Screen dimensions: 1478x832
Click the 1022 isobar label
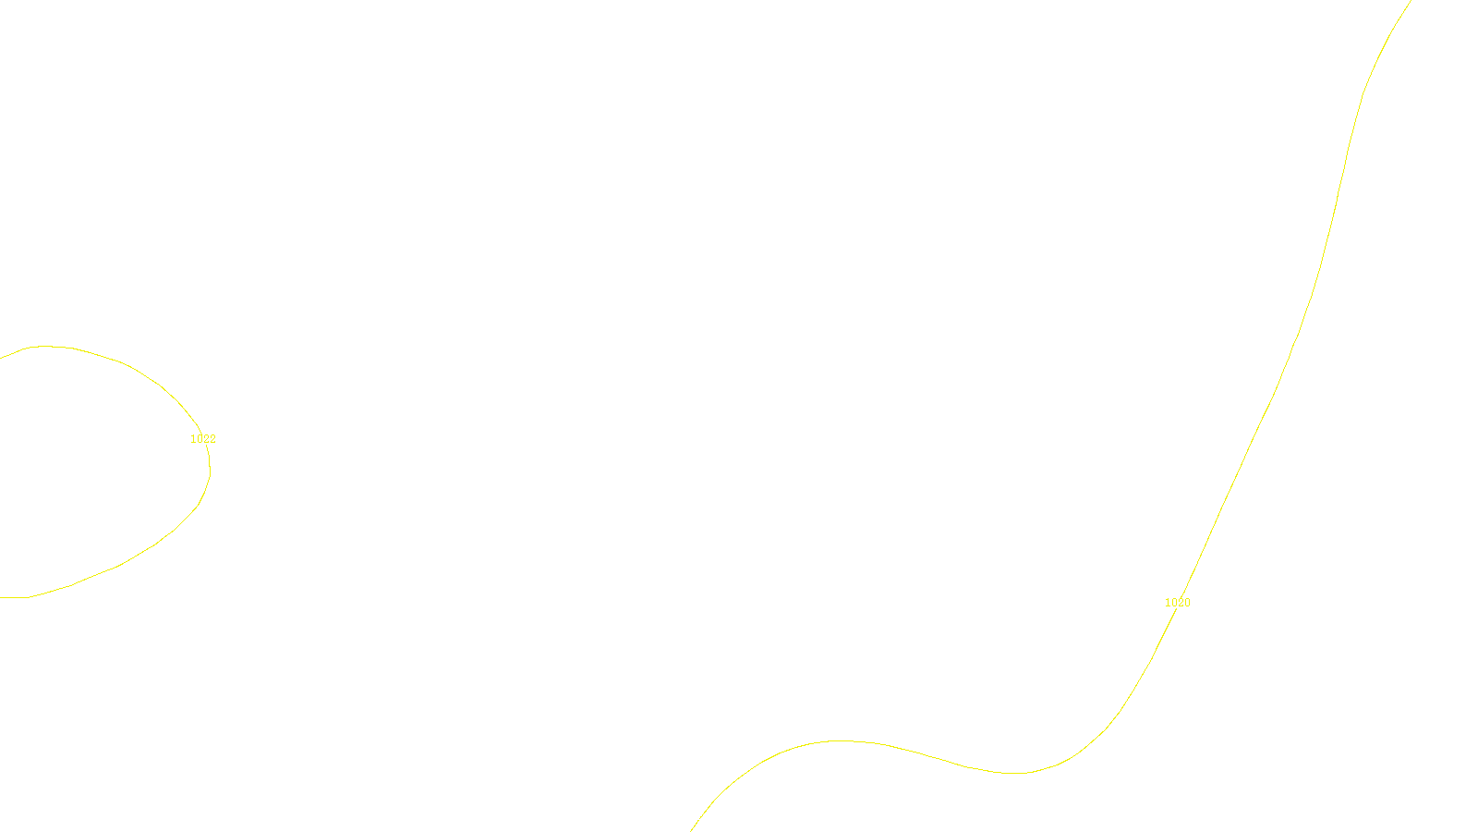203,439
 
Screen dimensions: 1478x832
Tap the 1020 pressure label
1178,603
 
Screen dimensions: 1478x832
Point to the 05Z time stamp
700,816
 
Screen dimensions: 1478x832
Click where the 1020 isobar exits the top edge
1411,1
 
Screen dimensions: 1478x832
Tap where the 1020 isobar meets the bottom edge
691,830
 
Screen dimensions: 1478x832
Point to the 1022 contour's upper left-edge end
1,357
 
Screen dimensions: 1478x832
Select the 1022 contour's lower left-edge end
1,597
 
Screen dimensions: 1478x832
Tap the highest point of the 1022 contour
46,347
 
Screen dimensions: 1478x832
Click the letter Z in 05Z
707,816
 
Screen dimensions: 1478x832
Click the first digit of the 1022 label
193,439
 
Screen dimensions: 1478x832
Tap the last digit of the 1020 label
1187,603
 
